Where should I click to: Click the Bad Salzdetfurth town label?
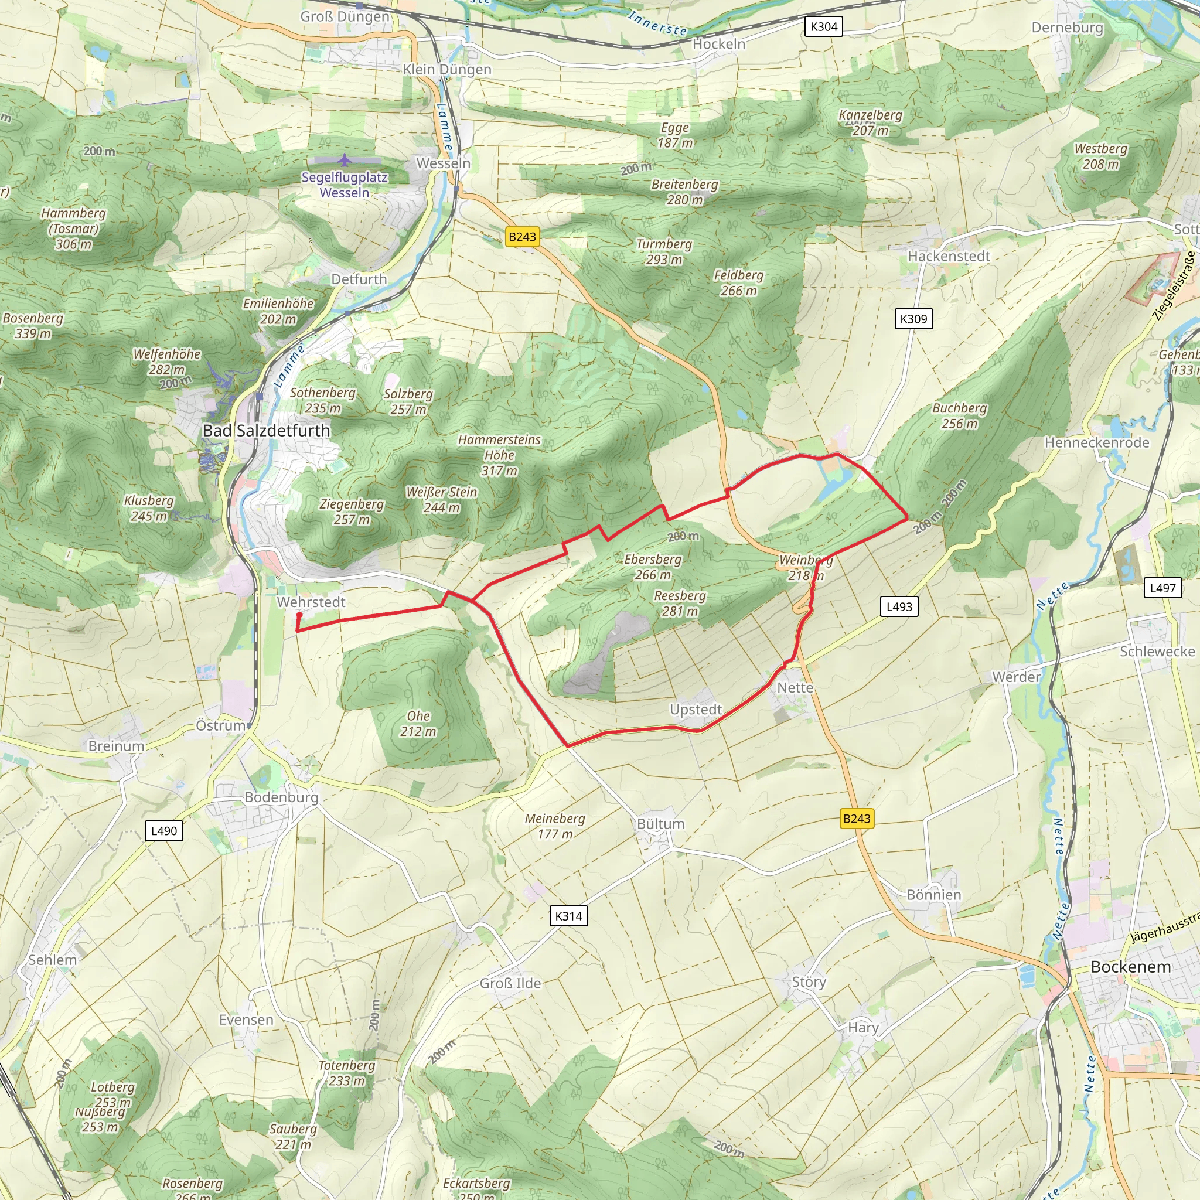click(x=267, y=431)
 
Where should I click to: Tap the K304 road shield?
click(x=824, y=27)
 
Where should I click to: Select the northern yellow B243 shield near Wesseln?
click(x=521, y=237)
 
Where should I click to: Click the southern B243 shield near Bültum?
click(x=857, y=819)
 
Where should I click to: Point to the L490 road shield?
click(x=164, y=830)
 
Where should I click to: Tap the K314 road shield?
click(x=568, y=916)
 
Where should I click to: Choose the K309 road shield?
click(x=913, y=319)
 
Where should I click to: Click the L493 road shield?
click(x=899, y=607)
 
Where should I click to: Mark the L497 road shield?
click(x=1162, y=588)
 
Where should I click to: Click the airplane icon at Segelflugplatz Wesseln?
click(x=345, y=161)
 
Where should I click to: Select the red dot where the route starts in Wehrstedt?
click(x=299, y=615)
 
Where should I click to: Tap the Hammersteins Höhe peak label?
click(x=499, y=455)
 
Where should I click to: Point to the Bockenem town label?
click(x=1130, y=967)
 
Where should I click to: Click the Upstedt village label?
click(x=695, y=710)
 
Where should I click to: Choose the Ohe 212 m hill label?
click(x=418, y=724)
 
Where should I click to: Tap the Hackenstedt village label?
click(x=949, y=256)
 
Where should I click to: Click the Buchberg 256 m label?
click(x=959, y=415)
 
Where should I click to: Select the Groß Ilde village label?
click(x=510, y=983)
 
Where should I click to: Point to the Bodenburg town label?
click(x=281, y=797)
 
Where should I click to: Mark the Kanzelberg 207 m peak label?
click(x=870, y=122)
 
